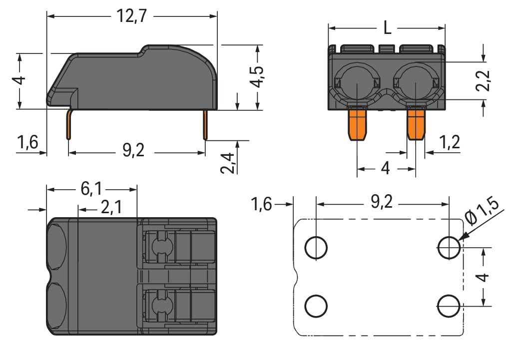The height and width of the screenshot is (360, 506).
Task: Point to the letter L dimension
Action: click(387, 28)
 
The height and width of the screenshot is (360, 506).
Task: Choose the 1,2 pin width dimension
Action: click(450, 143)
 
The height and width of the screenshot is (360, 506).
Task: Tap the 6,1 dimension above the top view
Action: click(91, 189)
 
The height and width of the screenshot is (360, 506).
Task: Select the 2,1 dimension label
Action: click(110, 207)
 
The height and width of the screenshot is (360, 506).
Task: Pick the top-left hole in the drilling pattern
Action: click(316, 247)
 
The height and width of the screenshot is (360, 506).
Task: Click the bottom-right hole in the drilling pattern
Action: click(449, 305)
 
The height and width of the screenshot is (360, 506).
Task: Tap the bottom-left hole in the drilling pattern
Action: click(316, 305)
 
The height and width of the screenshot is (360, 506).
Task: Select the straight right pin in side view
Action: click(205, 125)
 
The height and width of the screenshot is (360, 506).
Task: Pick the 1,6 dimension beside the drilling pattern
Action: click(262, 204)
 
